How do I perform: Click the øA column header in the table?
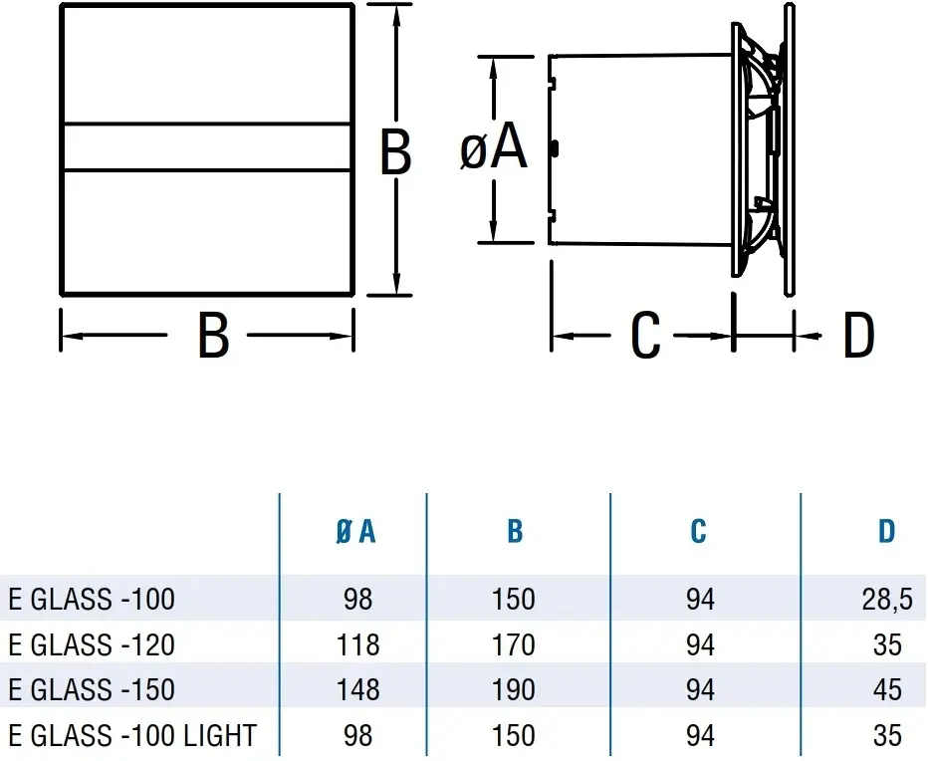[x=356, y=532]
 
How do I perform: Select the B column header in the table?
[x=514, y=532]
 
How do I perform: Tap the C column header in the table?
[x=698, y=532]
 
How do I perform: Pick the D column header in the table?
[x=886, y=532]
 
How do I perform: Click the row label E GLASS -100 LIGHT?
[x=131, y=736]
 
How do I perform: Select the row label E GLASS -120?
[x=92, y=645]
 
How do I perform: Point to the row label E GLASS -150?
[x=92, y=689]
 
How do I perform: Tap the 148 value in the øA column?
[x=356, y=689]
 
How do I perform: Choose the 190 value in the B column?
[x=514, y=689]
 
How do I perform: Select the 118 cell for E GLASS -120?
[x=356, y=645]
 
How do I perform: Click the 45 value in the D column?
[x=886, y=689]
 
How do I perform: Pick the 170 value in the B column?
[x=514, y=645]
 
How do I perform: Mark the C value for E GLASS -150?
[x=700, y=689]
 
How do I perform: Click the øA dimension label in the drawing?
[x=494, y=149]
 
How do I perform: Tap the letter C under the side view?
[x=645, y=337]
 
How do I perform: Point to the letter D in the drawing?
[x=857, y=337]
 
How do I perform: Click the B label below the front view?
[x=213, y=337]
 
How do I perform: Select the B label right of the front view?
[x=396, y=154]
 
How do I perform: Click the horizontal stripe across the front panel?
[x=208, y=147]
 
